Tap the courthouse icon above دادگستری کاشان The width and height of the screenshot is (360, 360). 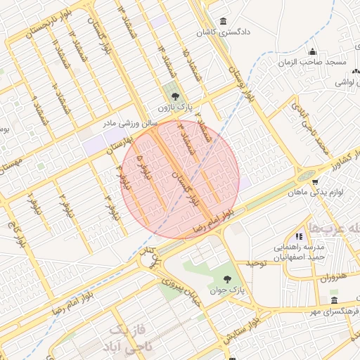point(224,21)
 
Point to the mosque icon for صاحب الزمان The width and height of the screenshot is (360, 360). point(313,51)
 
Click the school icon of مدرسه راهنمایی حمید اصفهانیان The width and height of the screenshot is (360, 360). point(299,237)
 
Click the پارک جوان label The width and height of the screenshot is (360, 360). point(227,290)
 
